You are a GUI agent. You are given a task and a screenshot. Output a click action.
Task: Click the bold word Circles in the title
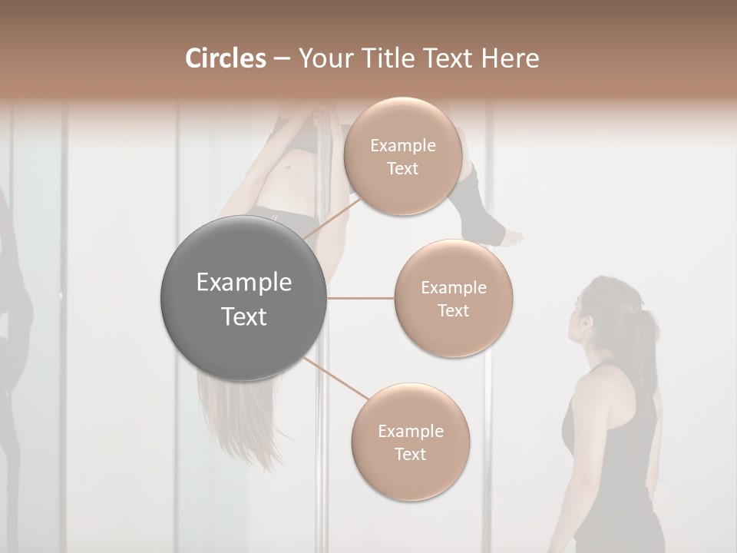(x=225, y=58)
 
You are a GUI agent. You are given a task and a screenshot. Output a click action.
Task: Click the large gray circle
(x=244, y=298)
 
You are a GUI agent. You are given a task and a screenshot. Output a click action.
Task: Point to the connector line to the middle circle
(x=361, y=298)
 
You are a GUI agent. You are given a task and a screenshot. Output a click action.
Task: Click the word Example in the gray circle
(x=244, y=283)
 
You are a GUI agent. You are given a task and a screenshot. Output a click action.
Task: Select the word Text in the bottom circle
(x=410, y=454)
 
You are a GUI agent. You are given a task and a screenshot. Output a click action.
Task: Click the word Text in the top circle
(x=402, y=168)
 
